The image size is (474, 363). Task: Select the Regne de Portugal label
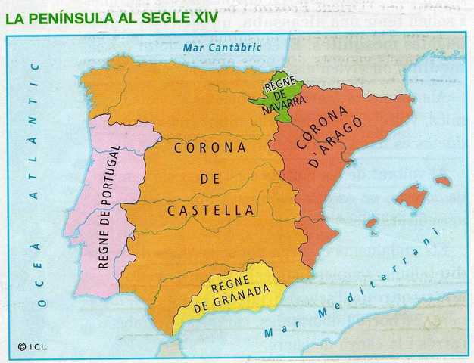point(110,206)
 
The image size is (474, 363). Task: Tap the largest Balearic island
point(411,197)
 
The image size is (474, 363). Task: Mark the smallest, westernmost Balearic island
point(371,224)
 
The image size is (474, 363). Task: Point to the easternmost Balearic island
point(443,181)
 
